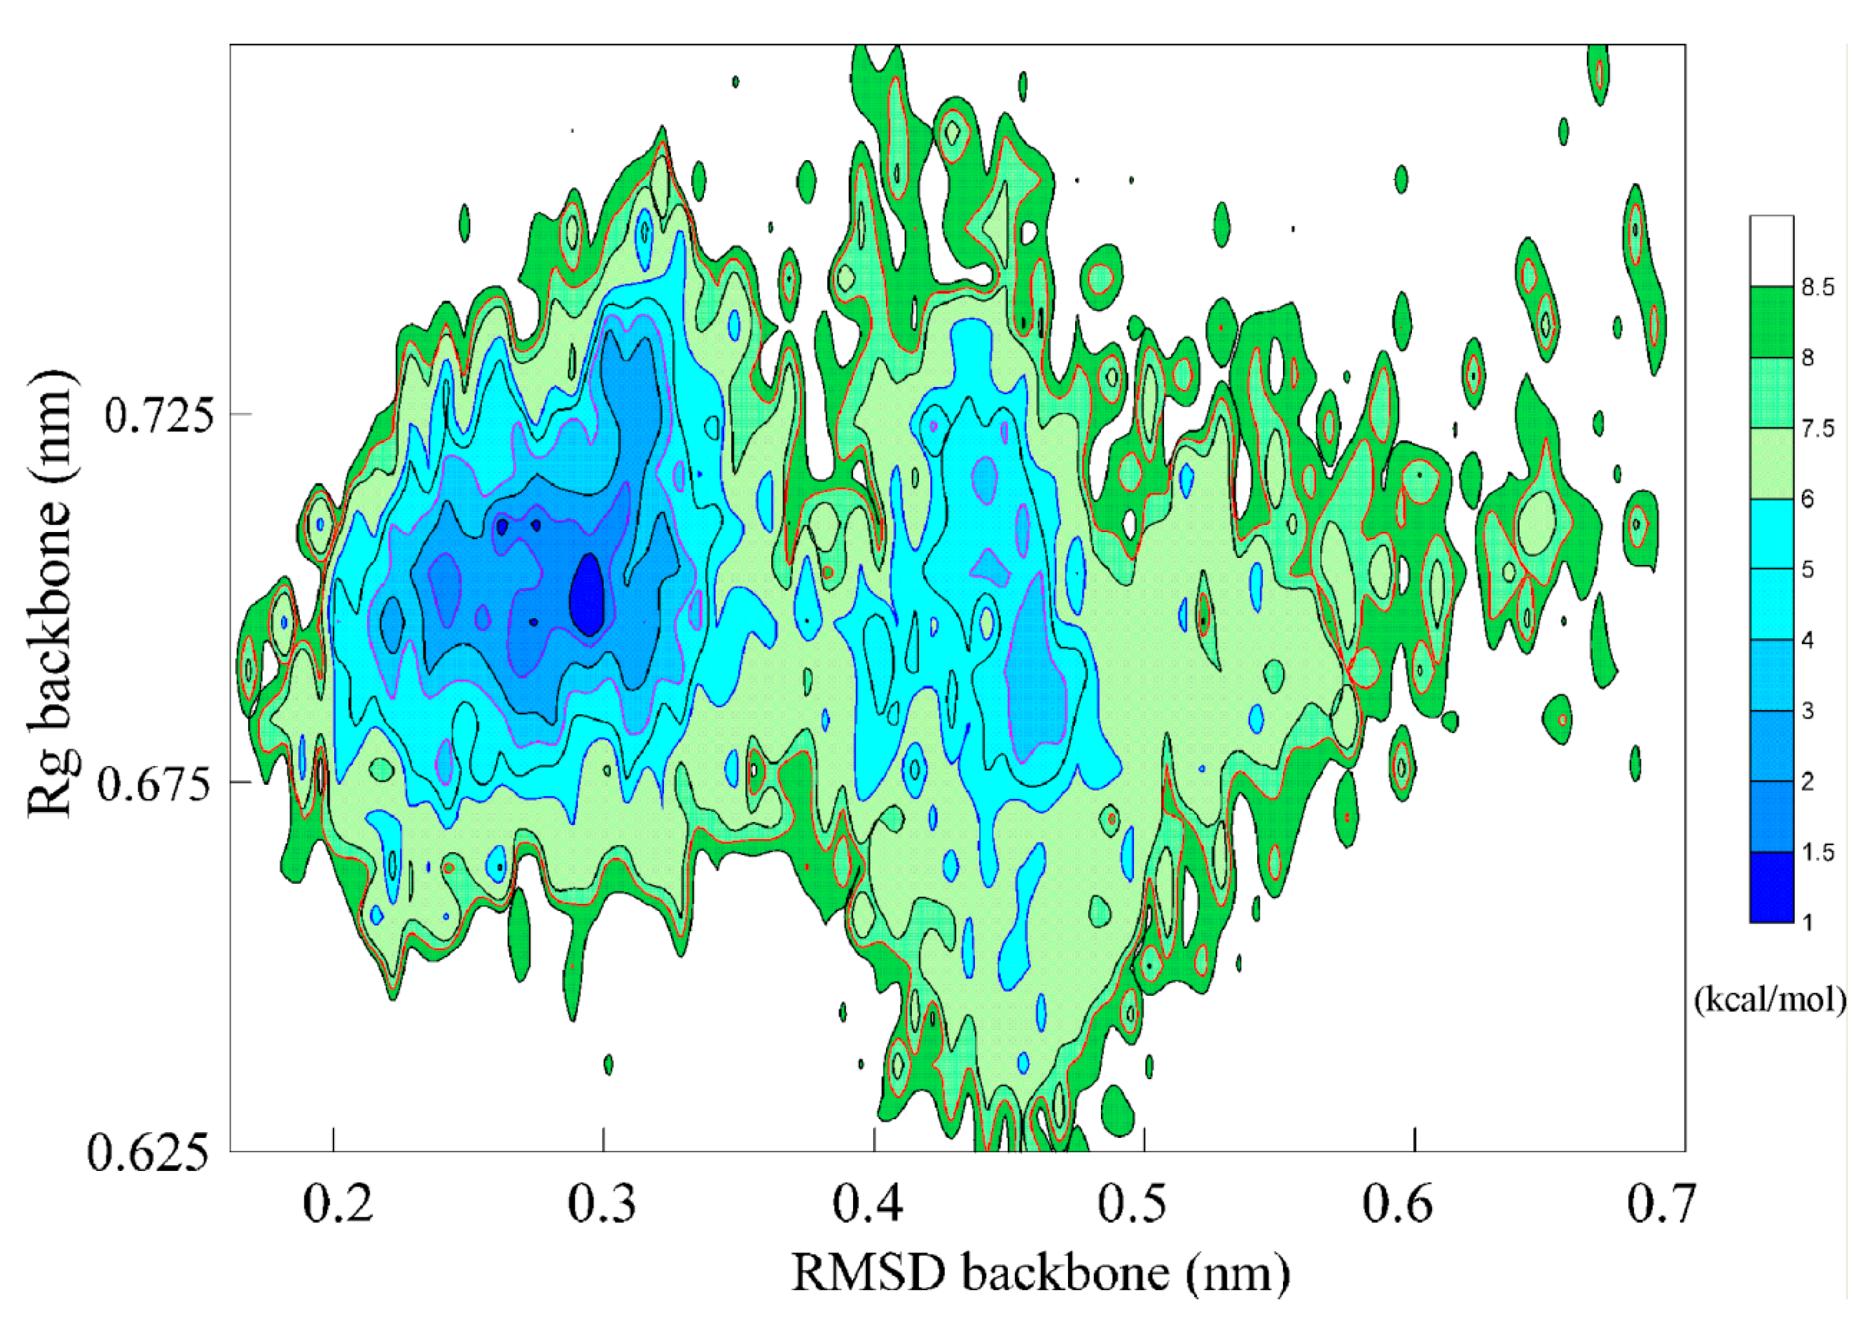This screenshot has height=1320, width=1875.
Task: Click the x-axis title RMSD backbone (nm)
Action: pos(1040,1273)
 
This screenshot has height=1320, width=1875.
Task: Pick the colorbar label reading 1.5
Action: pos(1817,852)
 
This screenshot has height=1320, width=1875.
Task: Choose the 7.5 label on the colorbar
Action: pos(1817,428)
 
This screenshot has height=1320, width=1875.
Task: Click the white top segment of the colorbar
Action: pos(1771,250)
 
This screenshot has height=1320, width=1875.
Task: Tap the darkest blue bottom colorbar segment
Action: pos(1771,887)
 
